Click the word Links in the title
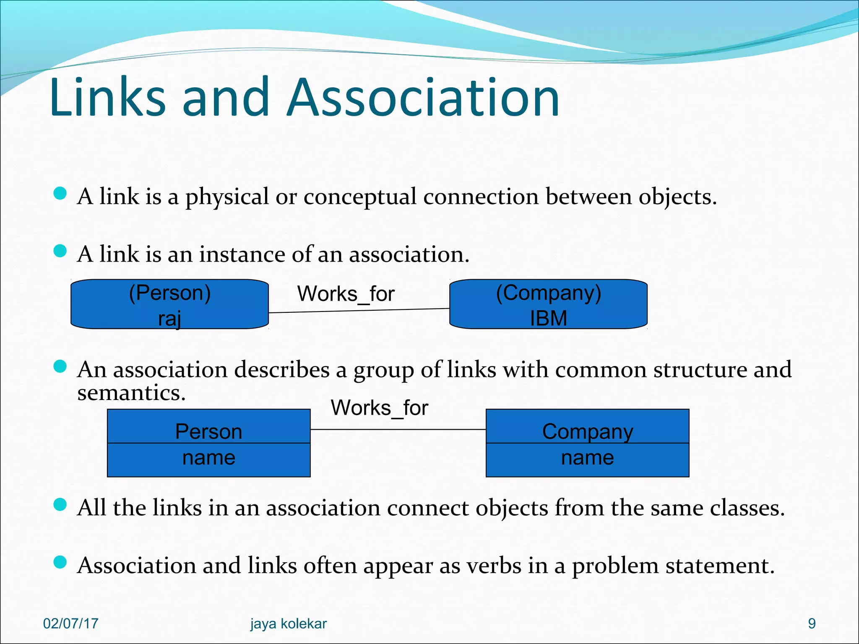point(107,97)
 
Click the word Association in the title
point(423,97)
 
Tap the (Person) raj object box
point(169,304)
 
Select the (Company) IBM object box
point(548,304)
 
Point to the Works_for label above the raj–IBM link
point(346,293)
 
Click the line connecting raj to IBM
point(359,311)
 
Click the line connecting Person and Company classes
point(398,429)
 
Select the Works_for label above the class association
point(379,408)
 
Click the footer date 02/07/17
point(70,623)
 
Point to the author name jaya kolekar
point(288,624)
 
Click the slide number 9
point(812,623)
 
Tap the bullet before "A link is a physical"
point(60,193)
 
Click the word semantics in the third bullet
point(131,393)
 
